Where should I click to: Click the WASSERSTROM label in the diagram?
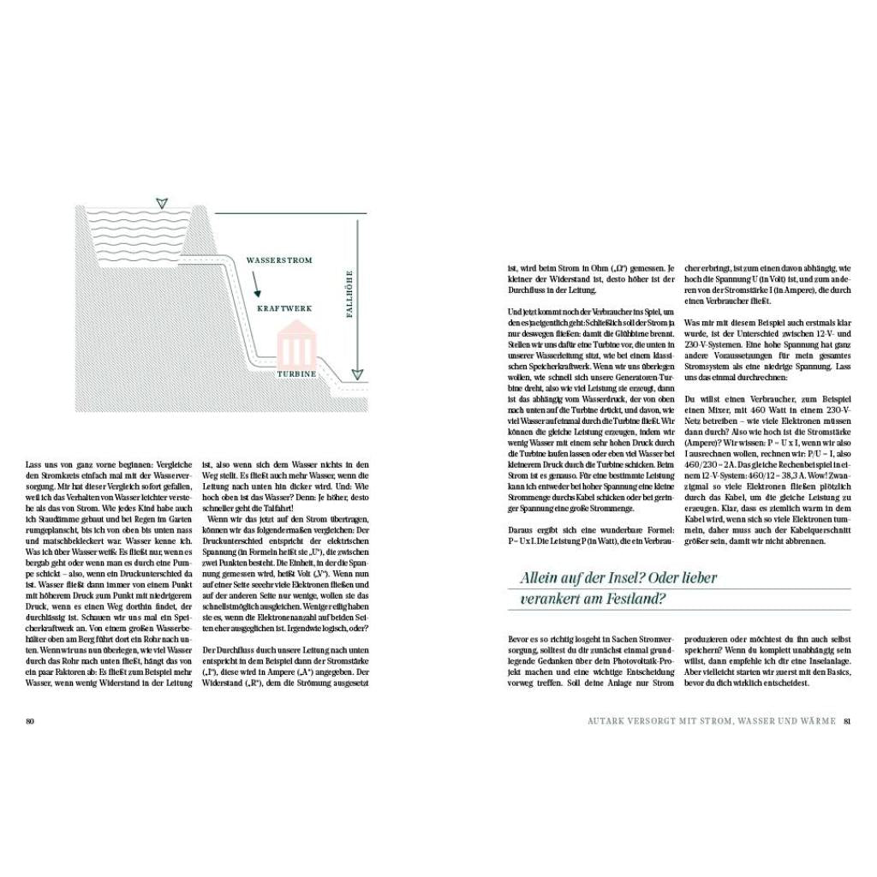pyautogui.click(x=279, y=260)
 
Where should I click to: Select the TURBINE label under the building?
pyautogui.click(x=296, y=374)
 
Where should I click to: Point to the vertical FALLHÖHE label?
pyautogui.click(x=349, y=295)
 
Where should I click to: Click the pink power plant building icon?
pyautogui.click(x=296, y=345)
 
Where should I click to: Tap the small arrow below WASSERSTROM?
pyautogui.click(x=256, y=283)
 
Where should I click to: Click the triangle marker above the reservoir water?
pyautogui.click(x=161, y=203)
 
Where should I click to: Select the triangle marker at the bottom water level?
pyautogui.click(x=357, y=373)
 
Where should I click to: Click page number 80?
pyautogui.click(x=29, y=720)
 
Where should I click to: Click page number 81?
pyautogui.click(x=847, y=720)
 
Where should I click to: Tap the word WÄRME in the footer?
pyautogui.click(x=817, y=720)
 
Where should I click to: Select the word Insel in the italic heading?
pyautogui.click(x=614, y=578)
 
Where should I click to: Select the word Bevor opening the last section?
pyautogui.click(x=519, y=638)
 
